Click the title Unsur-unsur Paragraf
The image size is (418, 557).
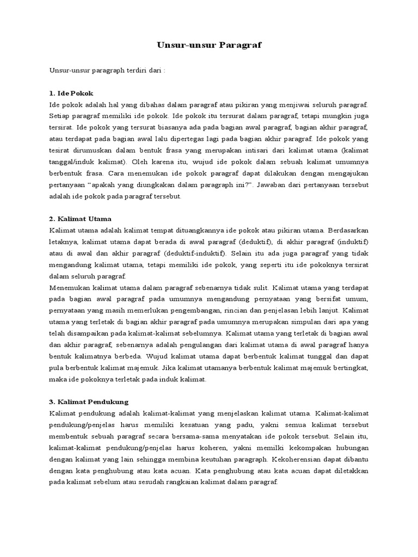(209, 45)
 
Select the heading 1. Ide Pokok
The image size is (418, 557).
(71, 93)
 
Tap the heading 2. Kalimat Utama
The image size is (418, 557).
(80, 219)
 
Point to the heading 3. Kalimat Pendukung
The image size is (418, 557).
(89, 401)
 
